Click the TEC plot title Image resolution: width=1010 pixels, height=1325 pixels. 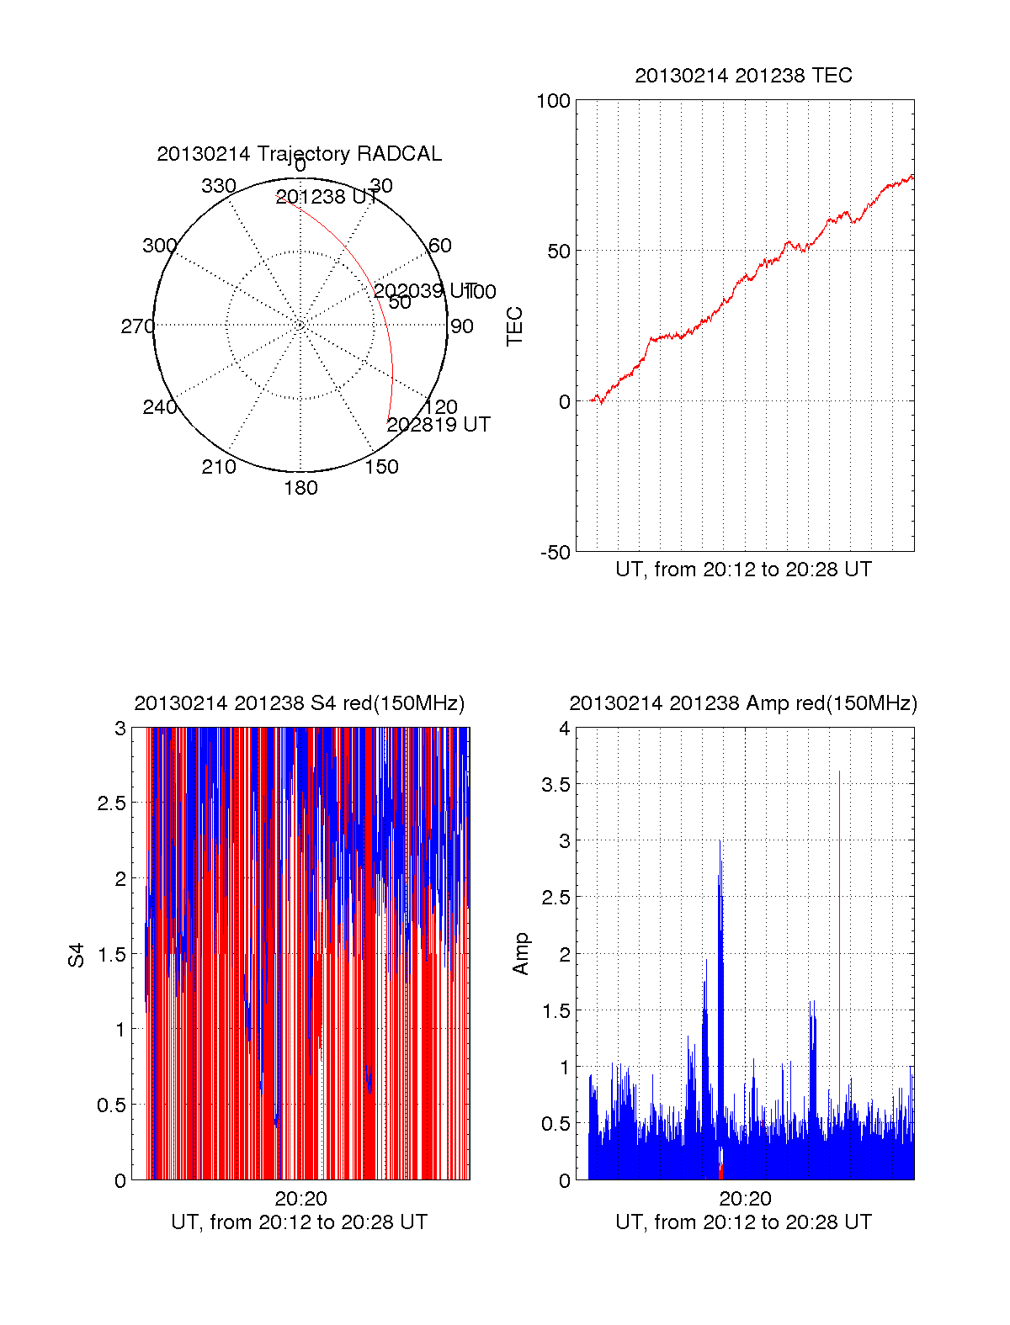pyautogui.click(x=743, y=76)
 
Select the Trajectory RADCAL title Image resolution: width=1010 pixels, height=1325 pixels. pyautogui.click(x=299, y=154)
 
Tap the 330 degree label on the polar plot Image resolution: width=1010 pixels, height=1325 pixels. pyautogui.click(x=219, y=186)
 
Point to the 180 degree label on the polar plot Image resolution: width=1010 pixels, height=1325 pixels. pyautogui.click(x=300, y=488)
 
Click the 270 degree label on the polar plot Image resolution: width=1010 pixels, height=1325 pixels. pyautogui.click(x=137, y=326)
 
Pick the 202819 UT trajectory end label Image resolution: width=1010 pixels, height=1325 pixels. pyautogui.click(x=439, y=425)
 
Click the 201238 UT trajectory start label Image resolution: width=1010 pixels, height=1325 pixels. pyautogui.click(x=327, y=197)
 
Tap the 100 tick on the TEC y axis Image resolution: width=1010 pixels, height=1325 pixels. pyautogui.click(x=553, y=102)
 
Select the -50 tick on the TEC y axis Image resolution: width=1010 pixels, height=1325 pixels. pyautogui.click(x=555, y=553)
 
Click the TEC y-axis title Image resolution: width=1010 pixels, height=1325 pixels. pyautogui.click(x=515, y=326)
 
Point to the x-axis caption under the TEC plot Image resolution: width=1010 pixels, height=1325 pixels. pyautogui.click(x=743, y=570)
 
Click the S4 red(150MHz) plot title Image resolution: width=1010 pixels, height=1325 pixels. pyautogui.click(x=299, y=703)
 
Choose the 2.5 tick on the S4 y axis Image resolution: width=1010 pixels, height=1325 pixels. pyautogui.click(x=111, y=803)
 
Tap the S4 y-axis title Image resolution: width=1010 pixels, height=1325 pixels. pyautogui.click(x=77, y=955)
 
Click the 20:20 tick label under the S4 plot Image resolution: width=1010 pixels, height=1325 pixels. pyautogui.click(x=300, y=1199)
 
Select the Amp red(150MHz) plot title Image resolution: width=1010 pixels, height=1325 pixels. pyautogui.click(x=743, y=703)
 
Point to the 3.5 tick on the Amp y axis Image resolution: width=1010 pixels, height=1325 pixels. pyautogui.click(x=554, y=785)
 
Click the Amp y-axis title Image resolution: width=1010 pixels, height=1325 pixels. pyautogui.click(x=521, y=954)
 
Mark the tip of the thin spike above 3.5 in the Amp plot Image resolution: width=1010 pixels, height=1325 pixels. pyautogui.click(x=839, y=771)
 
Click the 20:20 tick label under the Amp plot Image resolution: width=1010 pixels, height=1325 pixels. pyautogui.click(x=745, y=1199)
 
